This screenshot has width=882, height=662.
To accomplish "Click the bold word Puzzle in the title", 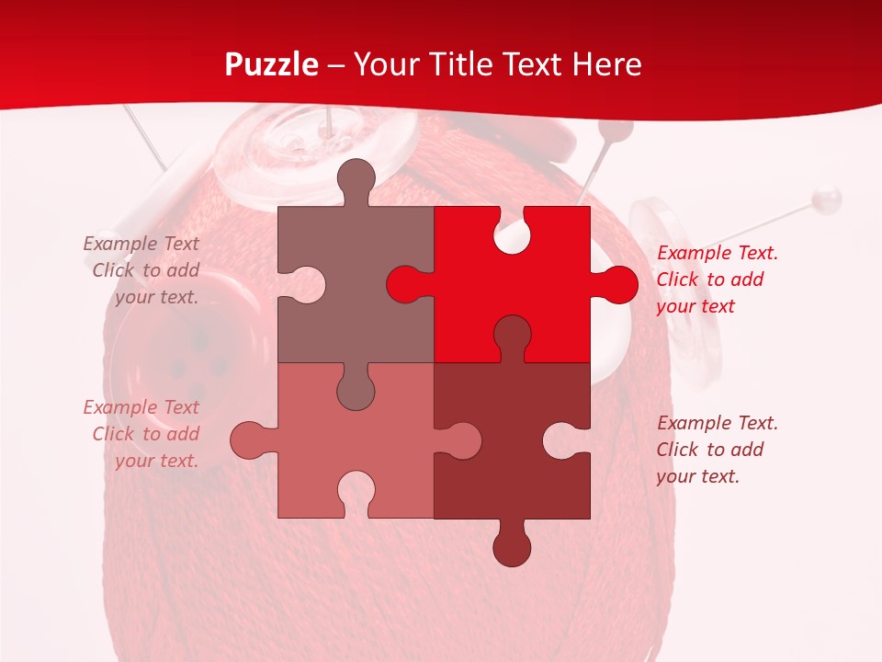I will (272, 64).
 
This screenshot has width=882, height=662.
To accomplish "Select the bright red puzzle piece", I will (542, 294).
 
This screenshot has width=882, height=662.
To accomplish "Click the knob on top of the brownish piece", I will (356, 178).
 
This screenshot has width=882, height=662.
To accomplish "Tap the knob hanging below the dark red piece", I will (512, 546).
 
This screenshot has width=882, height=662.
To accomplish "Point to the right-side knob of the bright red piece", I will (616, 285).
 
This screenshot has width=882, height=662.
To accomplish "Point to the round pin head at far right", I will (829, 197).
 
